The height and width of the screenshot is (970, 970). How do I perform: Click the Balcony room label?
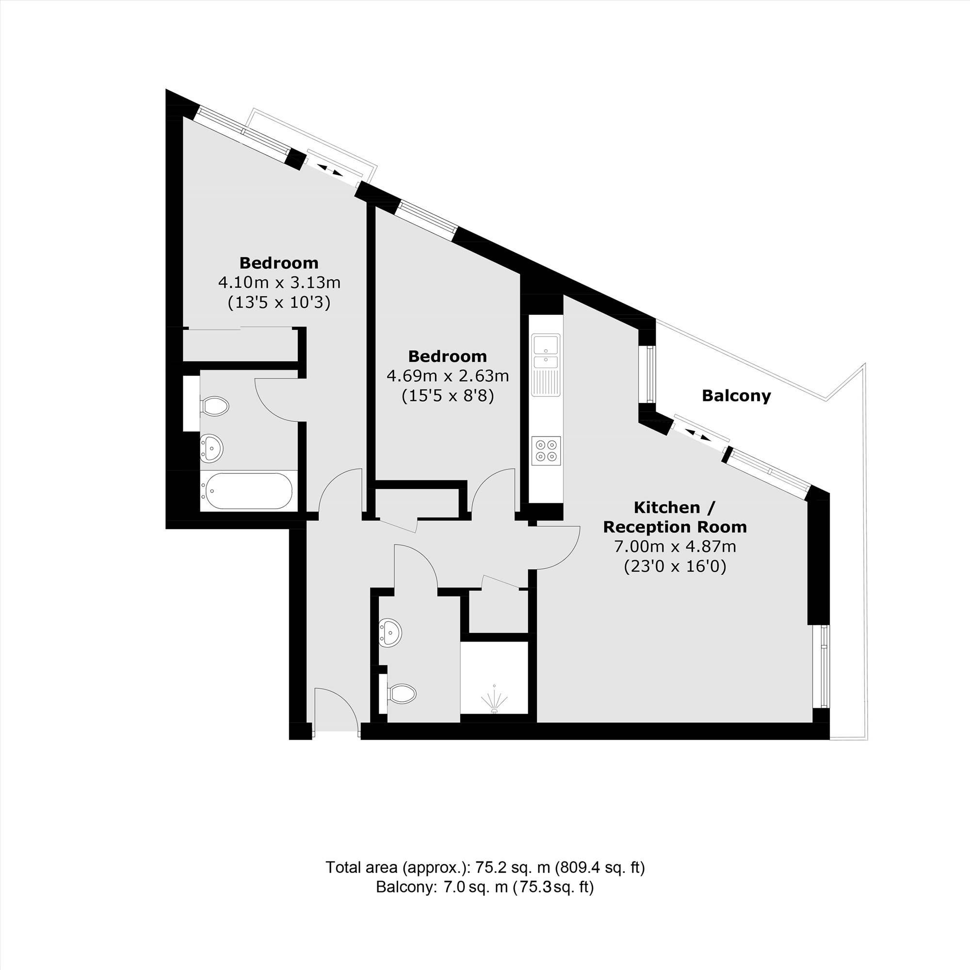736,396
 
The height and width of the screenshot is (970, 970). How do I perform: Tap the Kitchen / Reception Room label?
675,517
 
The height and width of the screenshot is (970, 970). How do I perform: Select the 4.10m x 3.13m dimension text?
279,283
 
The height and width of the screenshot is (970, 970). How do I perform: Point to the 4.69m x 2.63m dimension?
448,376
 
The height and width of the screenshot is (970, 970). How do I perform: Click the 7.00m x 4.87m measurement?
675,546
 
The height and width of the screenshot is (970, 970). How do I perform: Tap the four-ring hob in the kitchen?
546,451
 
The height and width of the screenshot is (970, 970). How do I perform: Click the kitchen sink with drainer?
546,365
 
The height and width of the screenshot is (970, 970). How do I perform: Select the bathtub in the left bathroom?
247,490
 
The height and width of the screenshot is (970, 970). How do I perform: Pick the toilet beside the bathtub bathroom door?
214,405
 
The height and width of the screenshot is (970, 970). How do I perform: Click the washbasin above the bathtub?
211,447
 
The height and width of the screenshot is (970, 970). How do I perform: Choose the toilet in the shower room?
402,694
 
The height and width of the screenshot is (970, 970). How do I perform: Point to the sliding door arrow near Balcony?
698,435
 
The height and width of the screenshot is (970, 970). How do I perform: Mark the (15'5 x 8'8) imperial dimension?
448,397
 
